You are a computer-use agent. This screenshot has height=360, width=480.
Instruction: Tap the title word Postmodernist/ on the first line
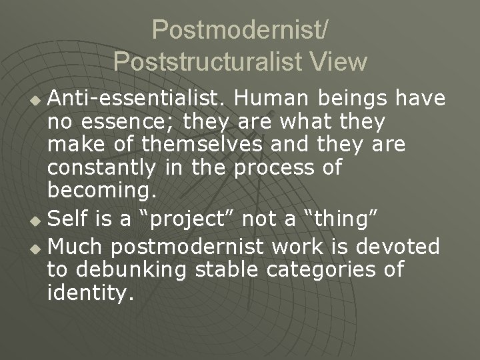239,29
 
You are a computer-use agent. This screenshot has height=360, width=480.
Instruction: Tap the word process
273,169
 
